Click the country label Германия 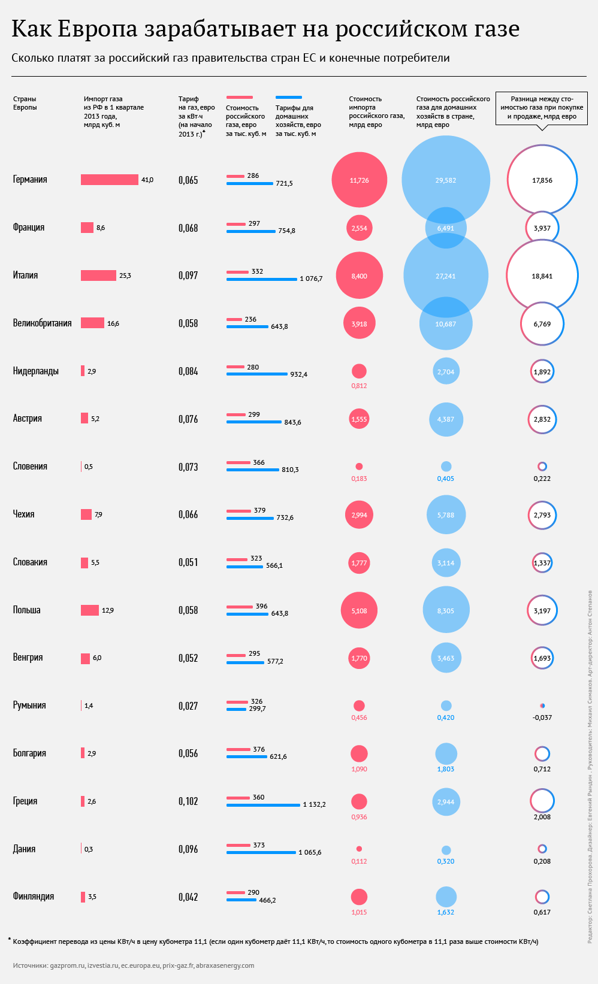30,180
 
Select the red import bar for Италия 98,275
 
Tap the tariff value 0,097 188,275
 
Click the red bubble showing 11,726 359,180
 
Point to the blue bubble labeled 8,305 446,610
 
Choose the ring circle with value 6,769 542,324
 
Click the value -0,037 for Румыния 542,717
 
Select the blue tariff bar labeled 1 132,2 263,805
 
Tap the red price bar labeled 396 239,607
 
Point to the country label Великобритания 42,323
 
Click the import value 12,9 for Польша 108,610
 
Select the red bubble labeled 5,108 359,610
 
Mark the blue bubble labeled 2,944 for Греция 446,801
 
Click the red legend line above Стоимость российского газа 239,97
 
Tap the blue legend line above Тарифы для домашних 289,97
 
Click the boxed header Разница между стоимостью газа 542,108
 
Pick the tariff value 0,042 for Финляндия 188,897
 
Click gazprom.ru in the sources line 67,965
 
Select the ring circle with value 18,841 542,275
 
